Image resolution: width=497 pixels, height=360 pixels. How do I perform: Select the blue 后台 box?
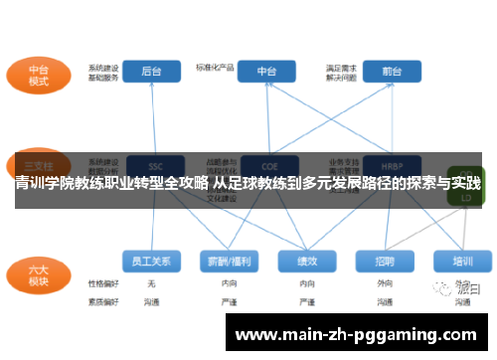click(151, 72)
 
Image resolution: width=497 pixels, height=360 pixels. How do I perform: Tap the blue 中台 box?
click(266, 72)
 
